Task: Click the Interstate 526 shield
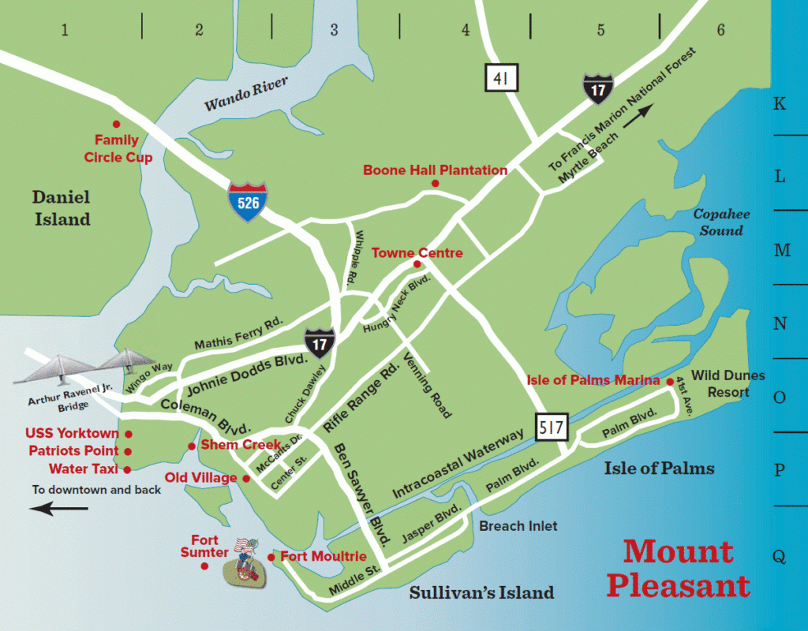point(248,200)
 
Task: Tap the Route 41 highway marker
point(501,77)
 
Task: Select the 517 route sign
point(550,426)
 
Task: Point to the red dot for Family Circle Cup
point(116,124)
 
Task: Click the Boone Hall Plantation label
point(435,170)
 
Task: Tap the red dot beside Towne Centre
point(417,264)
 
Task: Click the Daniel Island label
point(62,208)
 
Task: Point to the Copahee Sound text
point(721,222)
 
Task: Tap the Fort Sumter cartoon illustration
point(245,561)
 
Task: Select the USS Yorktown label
point(72,433)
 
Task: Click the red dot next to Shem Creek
point(192,446)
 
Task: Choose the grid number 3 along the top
point(334,30)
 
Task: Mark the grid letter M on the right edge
point(781,250)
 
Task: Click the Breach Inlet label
point(518,526)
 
